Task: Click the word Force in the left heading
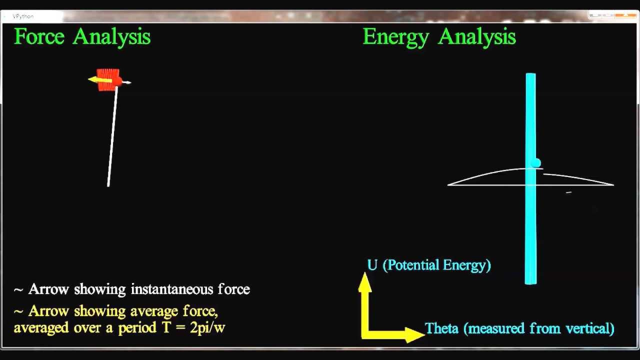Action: (39, 37)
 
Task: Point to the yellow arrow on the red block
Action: (99, 80)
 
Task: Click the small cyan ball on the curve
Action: (536, 163)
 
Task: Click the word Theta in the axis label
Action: (442, 328)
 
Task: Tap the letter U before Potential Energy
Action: (372, 265)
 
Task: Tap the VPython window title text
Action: (23, 16)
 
